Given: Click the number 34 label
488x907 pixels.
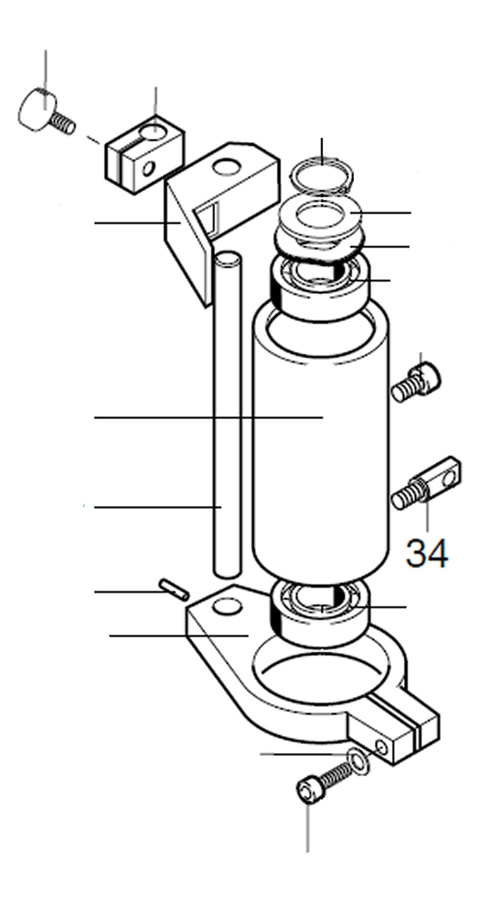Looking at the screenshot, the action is [x=427, y=553].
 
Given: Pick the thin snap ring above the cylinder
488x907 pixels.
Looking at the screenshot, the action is [x=322, y=174].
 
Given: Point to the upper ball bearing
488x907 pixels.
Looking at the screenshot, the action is [x=320, y=288].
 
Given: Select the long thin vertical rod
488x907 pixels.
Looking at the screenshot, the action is [x=227, y=414].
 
